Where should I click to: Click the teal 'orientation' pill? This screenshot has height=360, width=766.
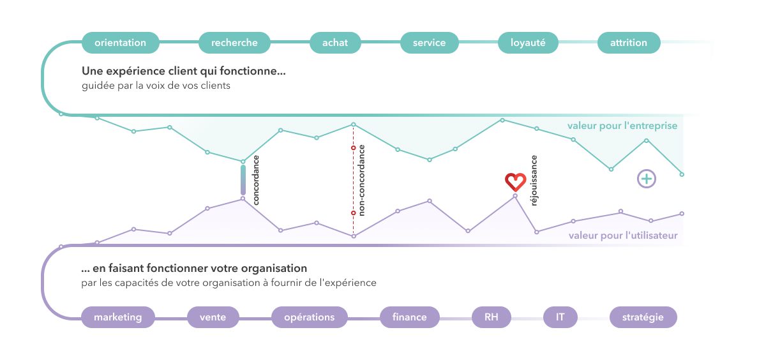tap(121, 43)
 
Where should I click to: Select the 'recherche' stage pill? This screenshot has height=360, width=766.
tap(234, 43)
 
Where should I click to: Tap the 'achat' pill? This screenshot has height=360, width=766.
tap(335, 43)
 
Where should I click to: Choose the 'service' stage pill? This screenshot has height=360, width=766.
tap(429, 43)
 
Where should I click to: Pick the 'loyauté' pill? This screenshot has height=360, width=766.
tap(528, 43)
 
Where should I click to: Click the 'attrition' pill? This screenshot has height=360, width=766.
tap(629, 43)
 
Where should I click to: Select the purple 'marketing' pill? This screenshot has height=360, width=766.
tap(118, 317)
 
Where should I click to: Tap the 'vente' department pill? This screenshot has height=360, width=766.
tap(213, 317)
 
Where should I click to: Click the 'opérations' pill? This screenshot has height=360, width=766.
tap(310, 317)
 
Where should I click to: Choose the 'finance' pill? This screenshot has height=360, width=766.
tap(410, 317)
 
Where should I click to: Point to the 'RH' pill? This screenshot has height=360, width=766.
tap(492, 317)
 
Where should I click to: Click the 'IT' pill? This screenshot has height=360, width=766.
tap(560, 317)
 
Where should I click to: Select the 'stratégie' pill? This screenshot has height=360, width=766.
tap(643, 317)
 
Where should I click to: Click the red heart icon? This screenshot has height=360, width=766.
tap(515, 181)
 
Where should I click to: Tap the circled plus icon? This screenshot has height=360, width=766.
tap(646, 179)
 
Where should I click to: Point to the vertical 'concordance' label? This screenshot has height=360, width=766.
tap(256, 180)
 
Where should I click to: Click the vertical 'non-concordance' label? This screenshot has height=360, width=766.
tap(361, 180)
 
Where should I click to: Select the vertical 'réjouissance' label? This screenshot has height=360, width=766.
tap(534, 180)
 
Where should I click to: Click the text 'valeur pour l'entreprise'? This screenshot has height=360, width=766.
tap(622, 126)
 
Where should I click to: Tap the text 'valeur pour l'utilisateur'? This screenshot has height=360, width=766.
tap(623, 236)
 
